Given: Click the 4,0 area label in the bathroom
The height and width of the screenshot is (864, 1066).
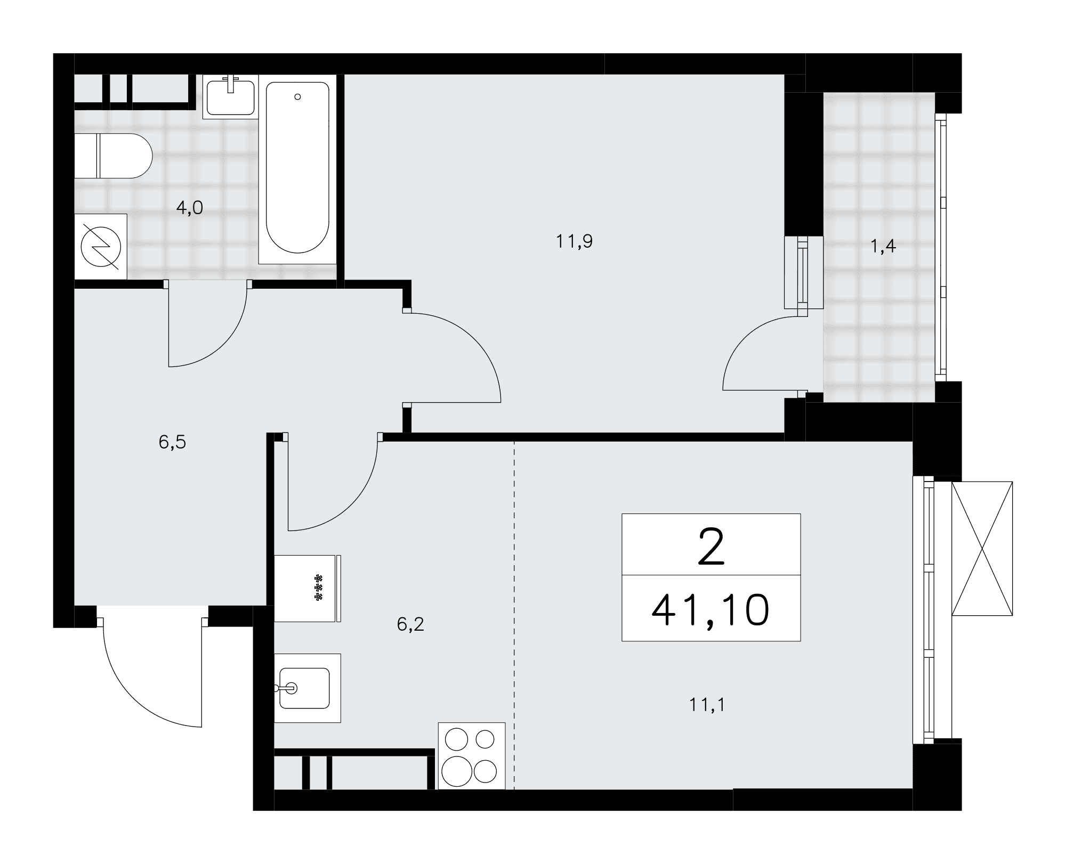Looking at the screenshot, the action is point(190,208).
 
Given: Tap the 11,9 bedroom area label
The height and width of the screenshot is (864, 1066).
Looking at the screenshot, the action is point(574,242).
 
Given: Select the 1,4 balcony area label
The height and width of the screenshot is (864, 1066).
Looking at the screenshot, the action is point(883,246).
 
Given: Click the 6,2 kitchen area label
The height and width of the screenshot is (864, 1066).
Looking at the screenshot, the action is point(410,624).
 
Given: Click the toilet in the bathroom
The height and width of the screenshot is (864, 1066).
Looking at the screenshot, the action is point(113,156).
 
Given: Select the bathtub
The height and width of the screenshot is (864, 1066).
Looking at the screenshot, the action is point(297,169).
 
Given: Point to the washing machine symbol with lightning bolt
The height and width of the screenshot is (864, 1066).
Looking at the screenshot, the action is point(101,247).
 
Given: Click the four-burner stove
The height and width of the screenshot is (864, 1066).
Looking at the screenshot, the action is point(471,755).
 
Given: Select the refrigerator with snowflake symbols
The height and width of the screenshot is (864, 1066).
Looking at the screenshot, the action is point(308,588).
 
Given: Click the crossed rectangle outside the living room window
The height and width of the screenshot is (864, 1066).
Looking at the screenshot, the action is point(982,549).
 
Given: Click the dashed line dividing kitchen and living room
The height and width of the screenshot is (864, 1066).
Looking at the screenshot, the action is point(514,615).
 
